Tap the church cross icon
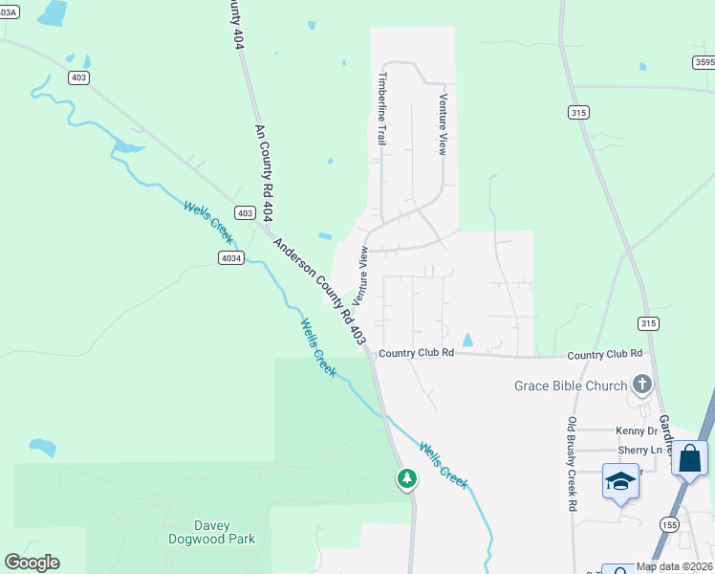point(641,385)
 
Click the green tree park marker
point(407,477)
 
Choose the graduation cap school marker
point(619,481)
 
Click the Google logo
point(32,563)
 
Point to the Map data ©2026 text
point(672,566)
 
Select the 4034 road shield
point(230,257)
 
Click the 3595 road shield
point(704,62)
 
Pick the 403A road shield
point(8,12)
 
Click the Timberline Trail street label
point(382,107)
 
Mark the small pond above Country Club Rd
point(467,340)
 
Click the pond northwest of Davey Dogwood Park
point(43,447)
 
